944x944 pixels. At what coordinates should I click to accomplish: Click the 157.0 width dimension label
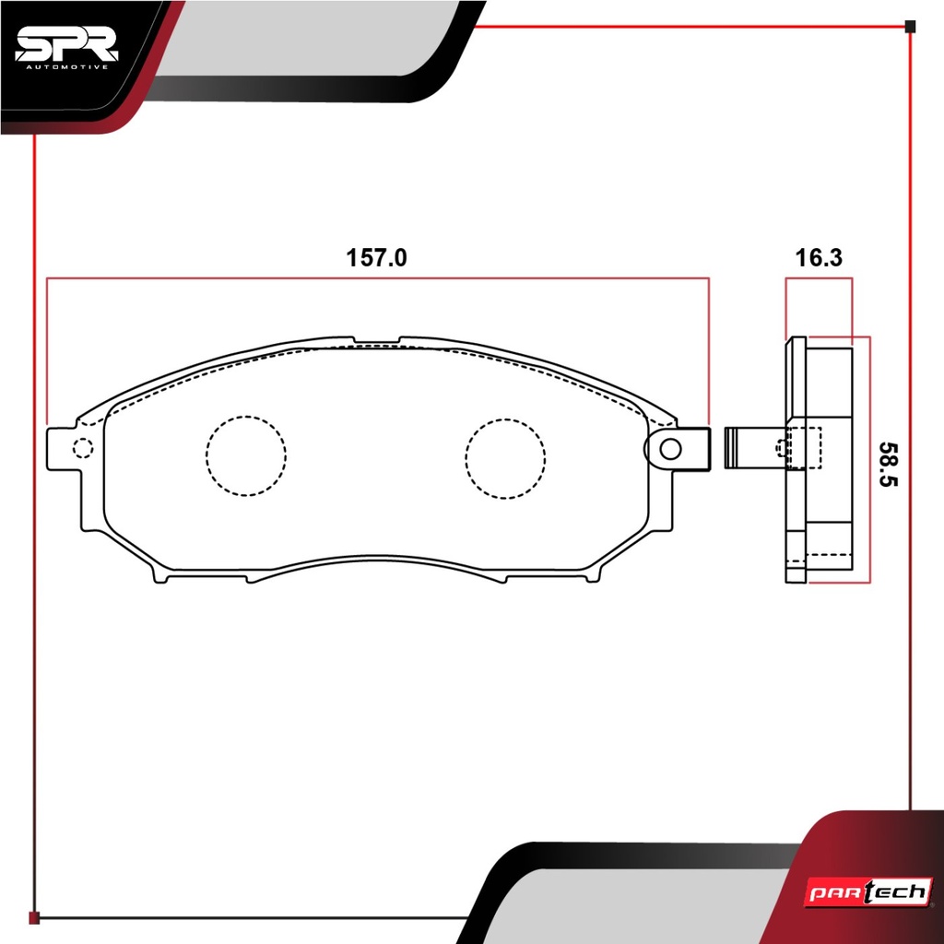point(376,258)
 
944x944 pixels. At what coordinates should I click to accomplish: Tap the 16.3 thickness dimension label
point(819,258)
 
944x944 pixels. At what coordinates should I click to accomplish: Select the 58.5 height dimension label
point(888,465)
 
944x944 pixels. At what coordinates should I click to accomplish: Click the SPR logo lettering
point(66,45)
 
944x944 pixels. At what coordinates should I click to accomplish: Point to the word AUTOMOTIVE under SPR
point(66,66)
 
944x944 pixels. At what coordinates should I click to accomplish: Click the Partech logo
point(868,891)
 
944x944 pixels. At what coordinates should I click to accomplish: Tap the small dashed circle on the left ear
point(82,448)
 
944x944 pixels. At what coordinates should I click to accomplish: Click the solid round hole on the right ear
point(670,449)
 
